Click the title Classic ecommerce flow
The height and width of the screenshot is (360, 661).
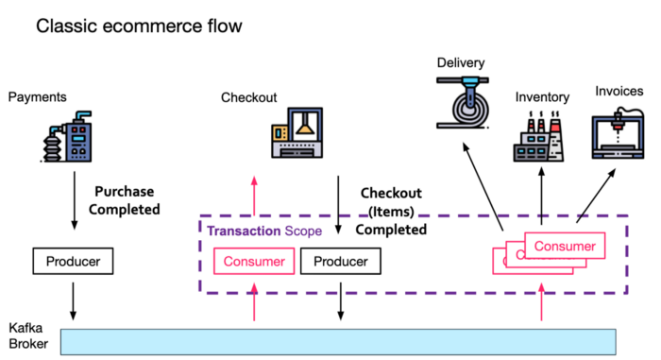point(139,26)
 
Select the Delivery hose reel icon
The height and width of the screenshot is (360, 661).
point(465,102)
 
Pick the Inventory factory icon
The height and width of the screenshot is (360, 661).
point(540,138)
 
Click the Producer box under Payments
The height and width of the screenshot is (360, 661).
point(74,260)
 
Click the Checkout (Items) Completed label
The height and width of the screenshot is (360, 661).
point(394,211)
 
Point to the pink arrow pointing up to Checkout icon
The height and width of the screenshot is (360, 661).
point(254,197)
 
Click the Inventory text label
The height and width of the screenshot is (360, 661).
point(542,96)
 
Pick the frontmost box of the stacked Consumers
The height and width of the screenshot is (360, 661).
point(564,247)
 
